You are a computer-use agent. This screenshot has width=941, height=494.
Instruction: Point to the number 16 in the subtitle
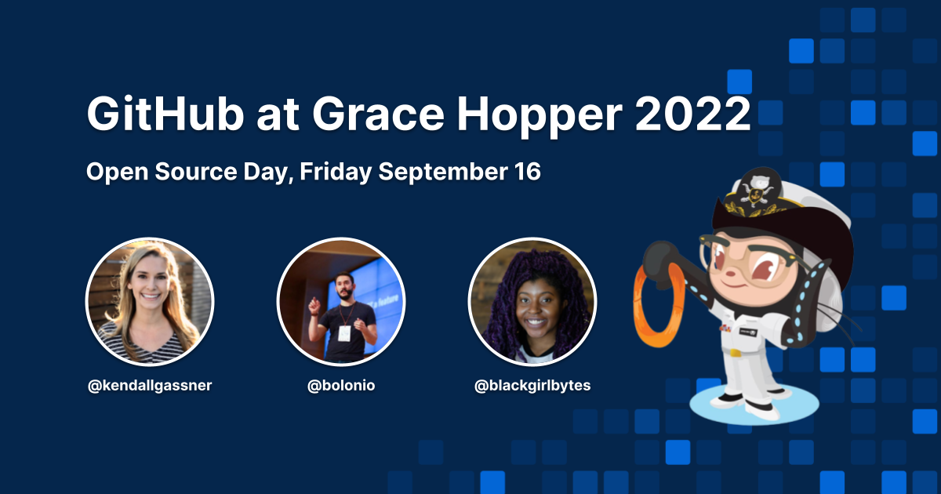(x=527, y=172)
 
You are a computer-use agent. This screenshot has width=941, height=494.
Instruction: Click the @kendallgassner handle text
(x=150, y=386)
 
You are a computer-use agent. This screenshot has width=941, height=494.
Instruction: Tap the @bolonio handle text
(x=341, y=386)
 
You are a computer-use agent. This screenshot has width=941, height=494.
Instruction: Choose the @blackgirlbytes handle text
(x=532, y=386)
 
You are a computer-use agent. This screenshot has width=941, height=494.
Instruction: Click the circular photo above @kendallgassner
(x=150, y=302)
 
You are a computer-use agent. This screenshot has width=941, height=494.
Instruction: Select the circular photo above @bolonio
(x=341, y=302)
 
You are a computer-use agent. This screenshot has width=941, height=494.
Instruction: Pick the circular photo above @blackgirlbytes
(x=532, y=302)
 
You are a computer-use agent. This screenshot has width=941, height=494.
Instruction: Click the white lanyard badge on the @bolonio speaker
(x=343, y=332)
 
